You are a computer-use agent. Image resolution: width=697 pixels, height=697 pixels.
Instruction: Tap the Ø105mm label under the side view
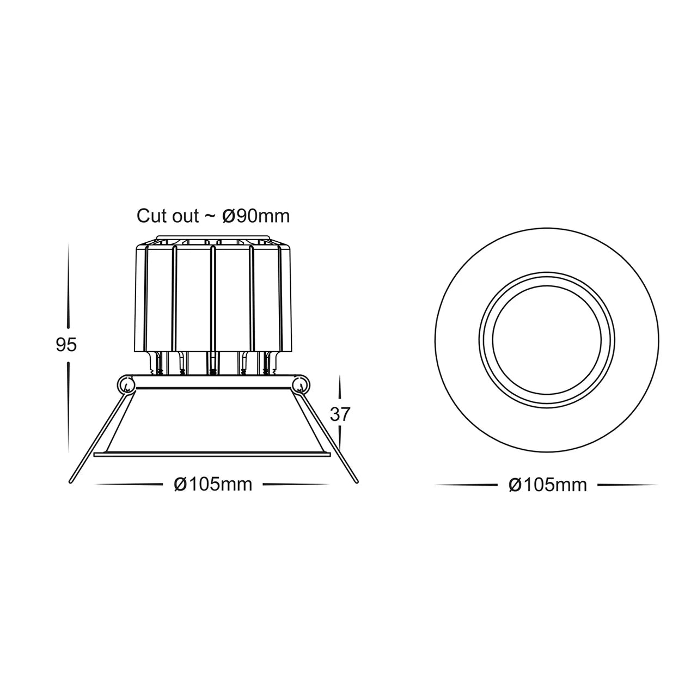(x=213, y=484)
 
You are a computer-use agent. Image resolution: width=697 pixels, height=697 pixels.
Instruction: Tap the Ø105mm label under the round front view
(x=547, y=485)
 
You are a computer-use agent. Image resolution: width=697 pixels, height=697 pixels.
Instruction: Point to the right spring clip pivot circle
(x=299, y=386)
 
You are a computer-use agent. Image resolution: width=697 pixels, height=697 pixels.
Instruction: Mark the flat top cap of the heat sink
(x=212, y=239)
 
